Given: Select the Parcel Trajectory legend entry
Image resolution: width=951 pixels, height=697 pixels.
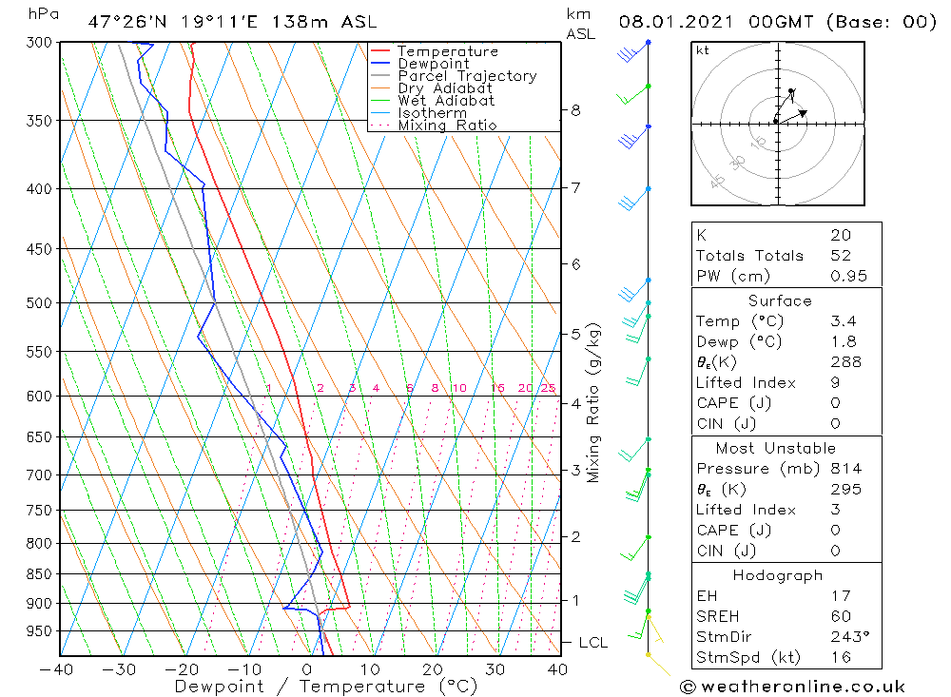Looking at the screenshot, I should tap(467, 76).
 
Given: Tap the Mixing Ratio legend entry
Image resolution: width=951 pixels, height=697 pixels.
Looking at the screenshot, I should tap(447, 126).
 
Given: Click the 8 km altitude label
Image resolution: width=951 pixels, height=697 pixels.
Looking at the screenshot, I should tap(575, 110).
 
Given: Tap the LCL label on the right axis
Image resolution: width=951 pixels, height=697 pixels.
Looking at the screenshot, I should tap(592, 643).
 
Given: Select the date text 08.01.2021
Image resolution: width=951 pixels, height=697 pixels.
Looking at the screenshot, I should tap(670, 21).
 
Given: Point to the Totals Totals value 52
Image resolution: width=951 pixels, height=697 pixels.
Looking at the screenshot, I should tap(841, 256).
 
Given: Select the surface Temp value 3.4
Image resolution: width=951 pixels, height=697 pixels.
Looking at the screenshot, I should tap(844, 321).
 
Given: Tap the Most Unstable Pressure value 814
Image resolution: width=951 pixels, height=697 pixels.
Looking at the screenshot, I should tap(845, 469).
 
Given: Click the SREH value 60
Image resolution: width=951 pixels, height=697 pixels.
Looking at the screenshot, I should tap(841, 616).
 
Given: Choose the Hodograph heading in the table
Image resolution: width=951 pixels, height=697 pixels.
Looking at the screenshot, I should tap(779, 575).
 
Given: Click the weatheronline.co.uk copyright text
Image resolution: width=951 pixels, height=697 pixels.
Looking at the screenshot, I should tap(793, 686).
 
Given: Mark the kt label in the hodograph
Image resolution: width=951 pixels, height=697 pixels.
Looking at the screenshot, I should tap(702, 50).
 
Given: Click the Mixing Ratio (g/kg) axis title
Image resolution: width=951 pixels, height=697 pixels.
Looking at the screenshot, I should tap(593, 402).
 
